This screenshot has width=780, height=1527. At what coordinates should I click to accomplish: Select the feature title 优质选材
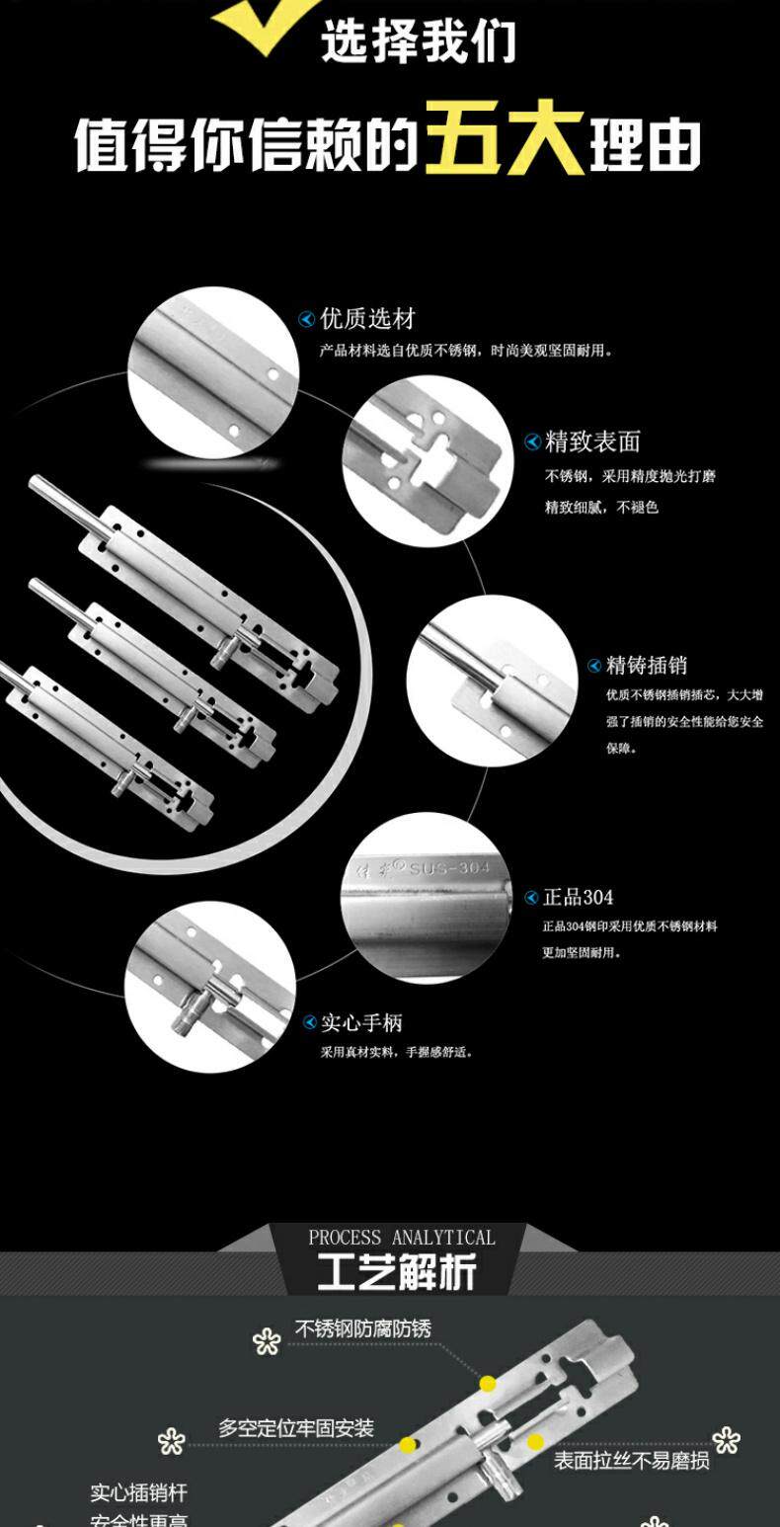tap(368, 319)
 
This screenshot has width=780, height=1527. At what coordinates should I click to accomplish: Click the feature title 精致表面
tap(592, 442)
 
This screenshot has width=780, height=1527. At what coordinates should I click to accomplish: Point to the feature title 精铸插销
tap(647, 665)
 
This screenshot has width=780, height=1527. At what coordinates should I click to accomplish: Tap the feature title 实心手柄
tap(361, 1023)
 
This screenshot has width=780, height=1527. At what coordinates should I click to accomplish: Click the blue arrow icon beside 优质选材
tap(307, 319)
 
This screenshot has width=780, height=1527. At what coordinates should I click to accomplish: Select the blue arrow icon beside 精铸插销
tap(594, 666)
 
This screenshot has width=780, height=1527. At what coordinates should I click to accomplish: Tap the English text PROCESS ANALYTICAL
tap(402, 1238)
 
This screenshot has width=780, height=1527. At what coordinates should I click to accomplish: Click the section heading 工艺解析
tap(397, 1272)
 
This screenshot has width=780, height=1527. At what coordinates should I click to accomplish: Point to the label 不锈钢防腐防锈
tap(362, 1329)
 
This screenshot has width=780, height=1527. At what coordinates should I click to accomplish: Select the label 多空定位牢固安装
tap(296, 1428)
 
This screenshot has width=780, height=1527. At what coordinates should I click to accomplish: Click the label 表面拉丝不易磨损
tap(631, 1461)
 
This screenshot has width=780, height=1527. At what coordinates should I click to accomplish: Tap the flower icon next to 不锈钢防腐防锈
tap(267, 1340)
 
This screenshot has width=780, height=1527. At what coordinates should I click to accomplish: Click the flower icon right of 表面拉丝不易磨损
tap(726, 1440)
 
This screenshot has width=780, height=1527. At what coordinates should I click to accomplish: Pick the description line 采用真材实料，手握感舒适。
tap(397, 1053)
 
